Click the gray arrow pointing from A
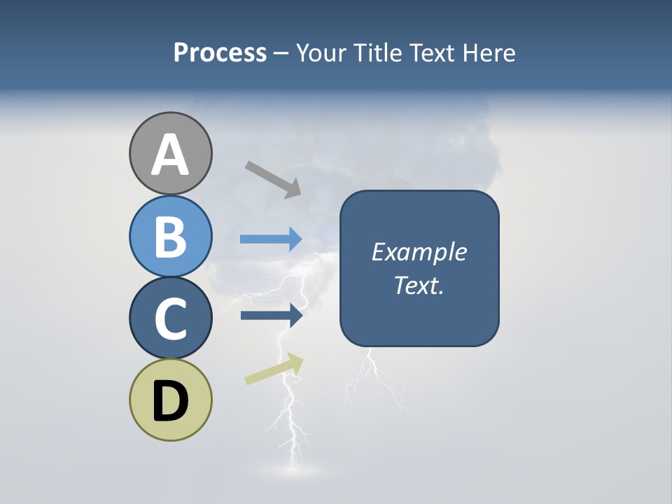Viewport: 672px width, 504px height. [x=273, y=179]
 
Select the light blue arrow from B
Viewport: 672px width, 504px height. [x=271, y=239]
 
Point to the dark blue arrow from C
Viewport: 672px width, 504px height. [x=271, y=316]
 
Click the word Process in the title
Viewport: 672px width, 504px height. [x=220, y=53]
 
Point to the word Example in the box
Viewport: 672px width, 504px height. [x=419, y=252]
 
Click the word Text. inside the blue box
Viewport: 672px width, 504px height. [x=419, y=286]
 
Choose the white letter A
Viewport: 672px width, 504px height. [x=171, y=155]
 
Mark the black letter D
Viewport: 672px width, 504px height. [x=171, y=400]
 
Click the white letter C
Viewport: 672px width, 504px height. [x=171, y=319]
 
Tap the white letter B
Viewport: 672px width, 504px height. [x=171, y=237]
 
